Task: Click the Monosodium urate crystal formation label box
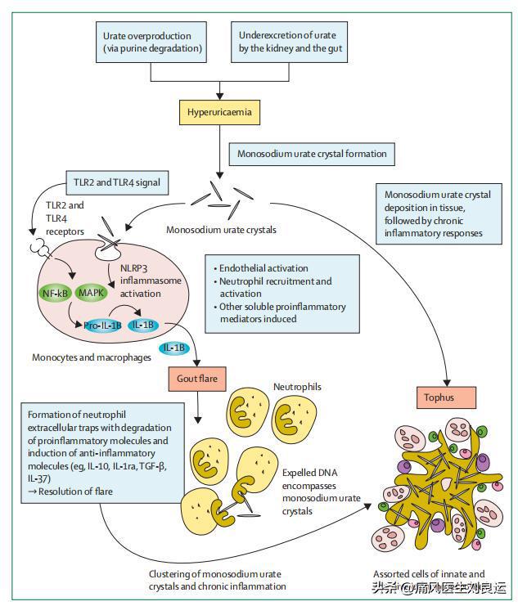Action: (311, 153)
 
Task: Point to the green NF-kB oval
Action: (56, 292)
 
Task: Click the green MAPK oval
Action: (92, 292)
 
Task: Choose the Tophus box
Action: (444, 398)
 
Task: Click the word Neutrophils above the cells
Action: (297, 384)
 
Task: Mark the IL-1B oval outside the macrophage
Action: (173, 349)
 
